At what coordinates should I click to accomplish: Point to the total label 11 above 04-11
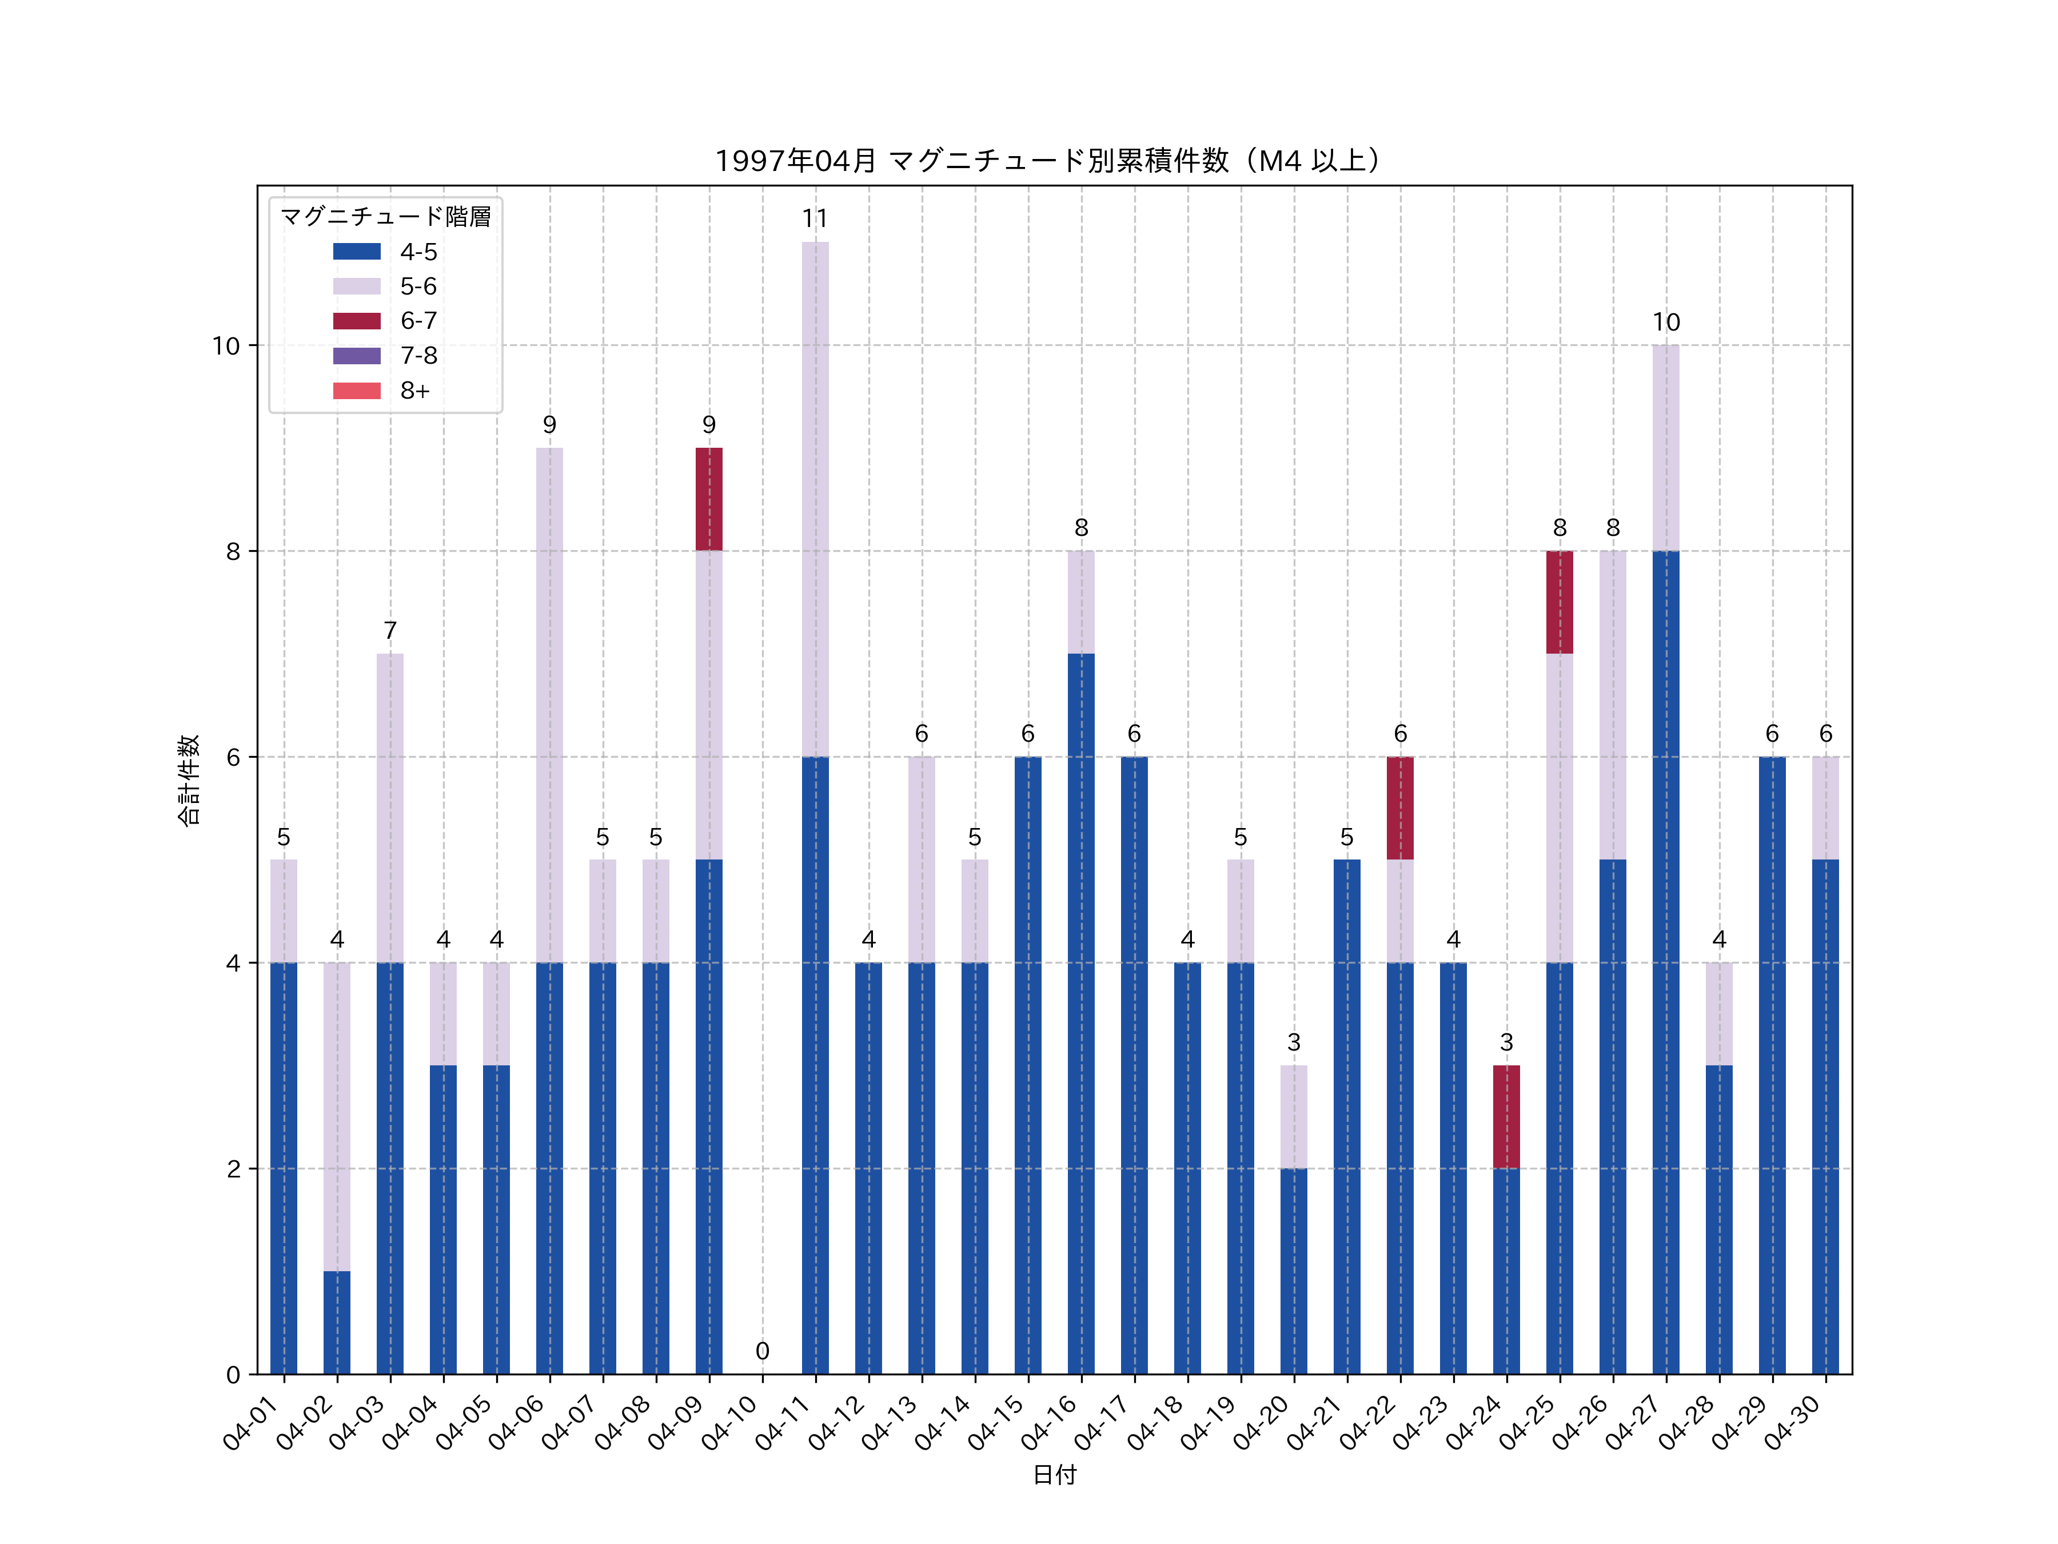point(815,218)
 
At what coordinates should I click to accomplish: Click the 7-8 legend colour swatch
point(356,356)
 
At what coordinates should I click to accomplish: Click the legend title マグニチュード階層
point(385,217)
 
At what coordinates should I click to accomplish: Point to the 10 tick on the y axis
point(226,346)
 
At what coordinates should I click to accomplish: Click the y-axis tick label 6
point(233,758)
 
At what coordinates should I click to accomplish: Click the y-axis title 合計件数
point(189,780)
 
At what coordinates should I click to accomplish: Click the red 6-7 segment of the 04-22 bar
point(1399,808)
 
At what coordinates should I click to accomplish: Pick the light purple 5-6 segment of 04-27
point(1665,448)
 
